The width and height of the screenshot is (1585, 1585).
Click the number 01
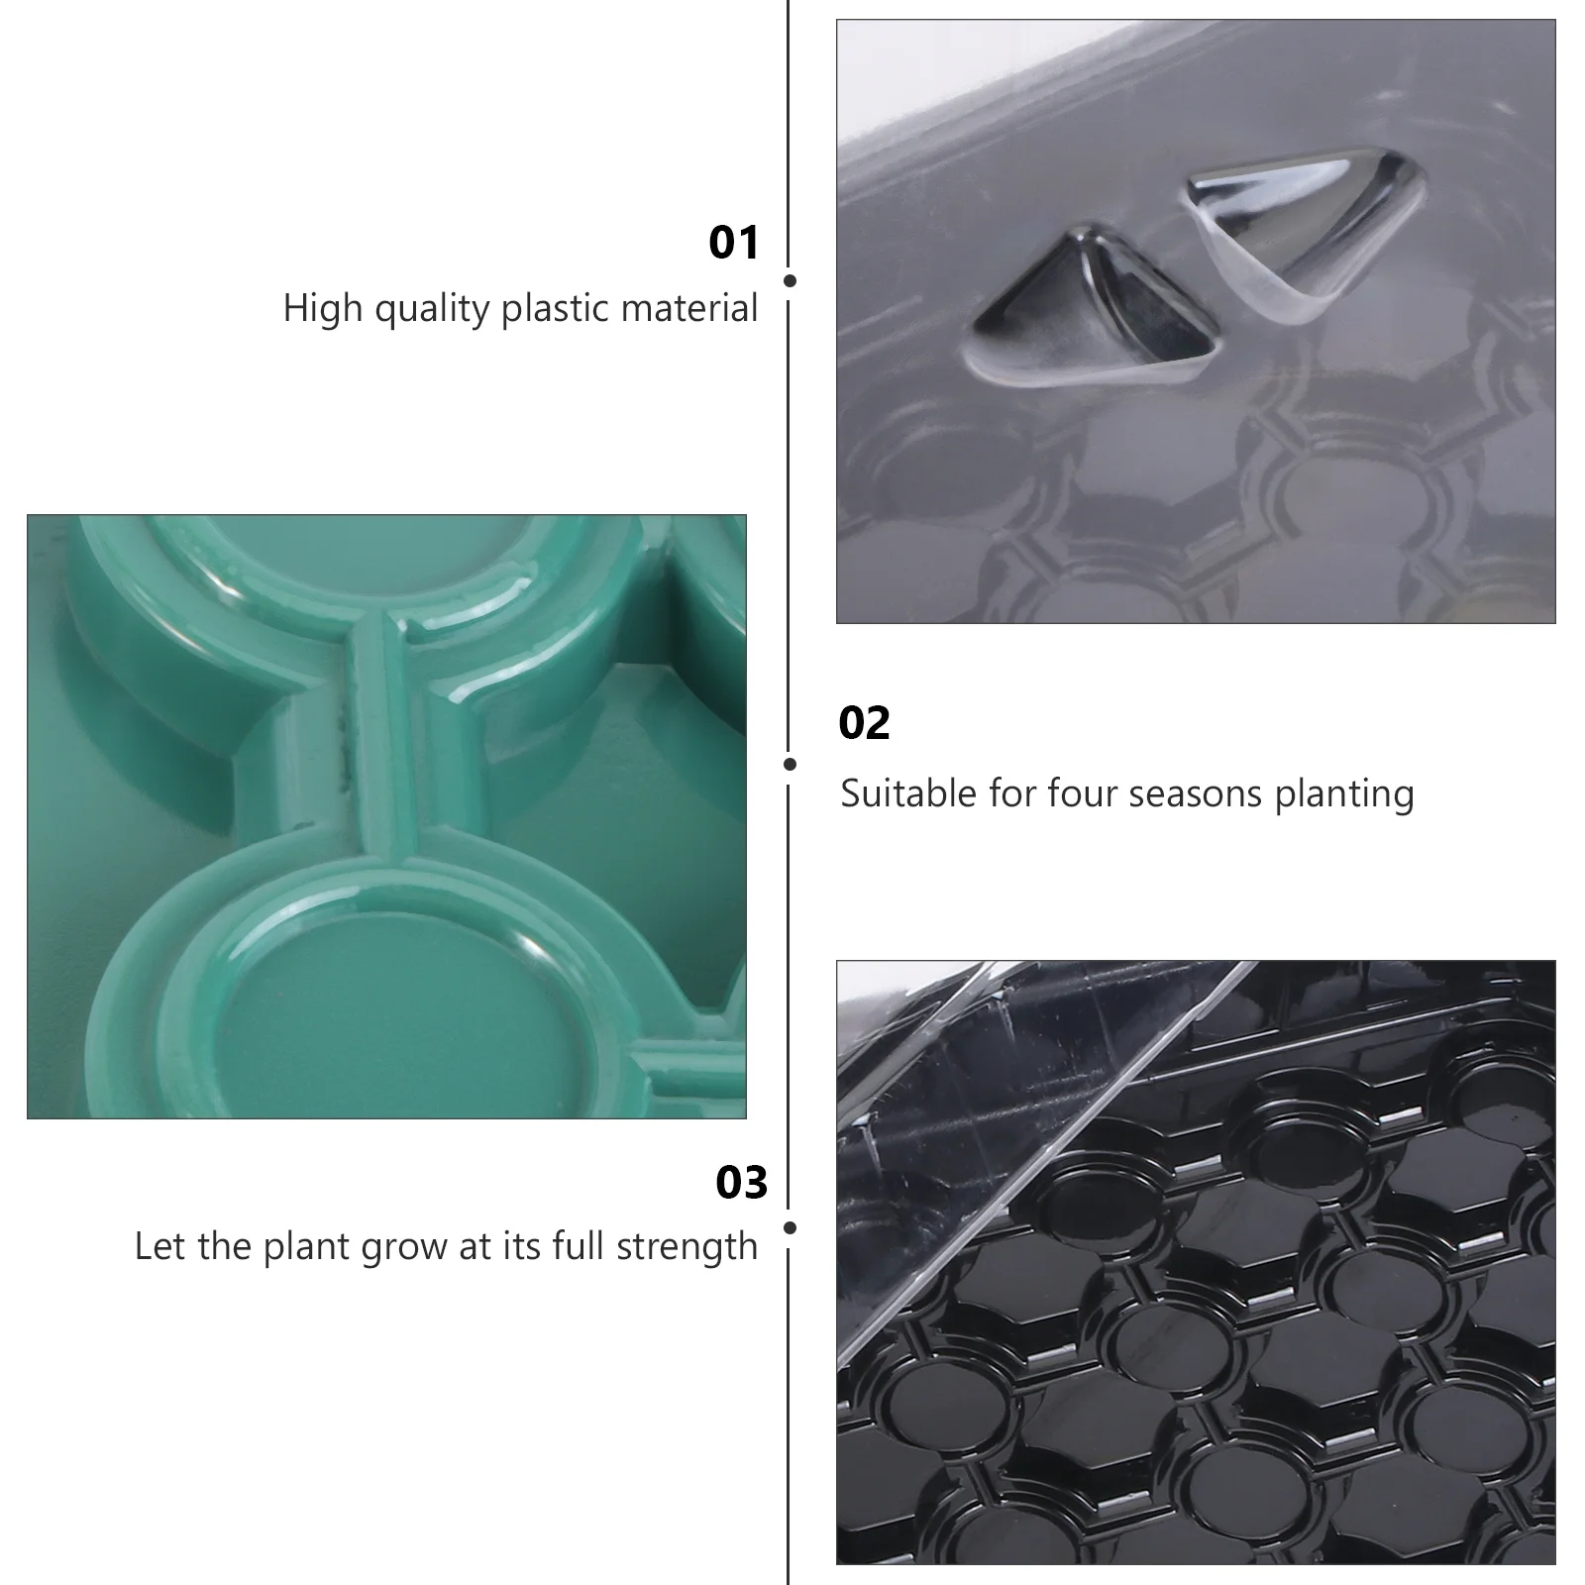point(733,243)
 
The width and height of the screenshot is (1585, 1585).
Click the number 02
point(864,723)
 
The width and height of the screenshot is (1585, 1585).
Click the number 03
point(741,1183)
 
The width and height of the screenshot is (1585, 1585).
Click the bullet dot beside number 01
point(790,281)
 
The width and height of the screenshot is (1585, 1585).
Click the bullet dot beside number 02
point(790,764)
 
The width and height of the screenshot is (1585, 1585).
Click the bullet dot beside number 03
point(790,1227)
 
